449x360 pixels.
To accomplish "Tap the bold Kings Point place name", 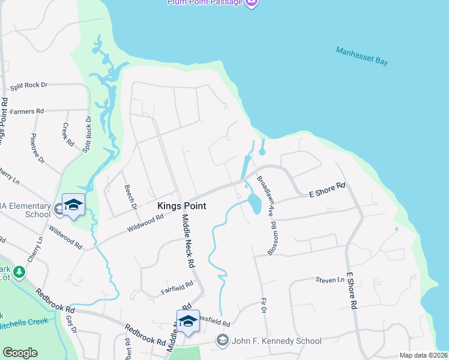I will tap(182, 206).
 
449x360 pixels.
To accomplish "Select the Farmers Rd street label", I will tap(27, 112).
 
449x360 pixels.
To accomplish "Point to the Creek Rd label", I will tap(68, 135).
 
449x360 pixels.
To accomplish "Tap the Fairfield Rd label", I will tap(176, 288).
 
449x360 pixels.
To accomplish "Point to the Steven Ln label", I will tap(330, 280).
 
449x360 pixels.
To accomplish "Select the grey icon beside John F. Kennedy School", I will tap(223, 341).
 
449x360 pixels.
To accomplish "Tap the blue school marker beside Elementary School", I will tap(74, 205).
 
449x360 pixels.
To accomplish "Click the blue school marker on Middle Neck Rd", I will tap(188, 321).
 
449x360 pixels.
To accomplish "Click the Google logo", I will tap(20, 353).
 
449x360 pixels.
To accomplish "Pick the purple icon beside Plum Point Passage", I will tap(252, 2).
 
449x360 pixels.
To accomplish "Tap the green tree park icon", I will tap(19, 273).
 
